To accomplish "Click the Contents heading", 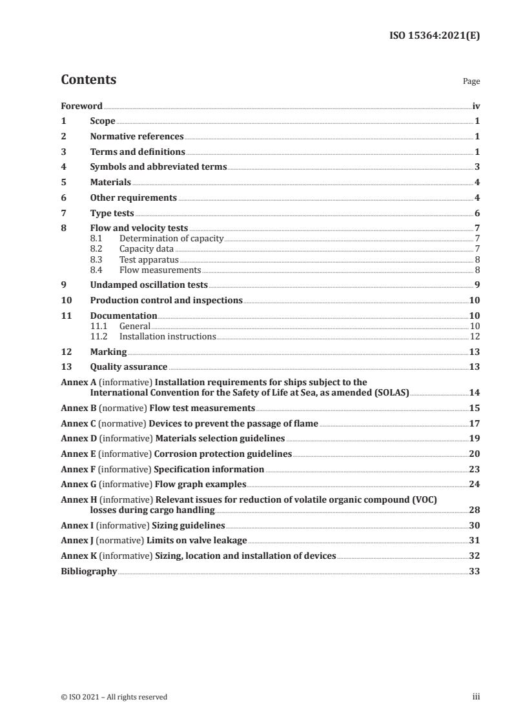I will click(x=88, y=80).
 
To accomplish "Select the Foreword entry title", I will click(x=81, y=106).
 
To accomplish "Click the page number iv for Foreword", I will click(x=475, y=106).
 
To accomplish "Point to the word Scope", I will click(x=103, y=121).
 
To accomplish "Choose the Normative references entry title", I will click(x=137, y=137).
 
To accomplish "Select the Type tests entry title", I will click(x=112, y=213).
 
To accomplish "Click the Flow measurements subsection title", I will click(x=160, y=270).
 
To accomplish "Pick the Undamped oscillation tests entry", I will click(x=148, y=285).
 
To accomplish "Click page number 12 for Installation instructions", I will click(x=475, y=336).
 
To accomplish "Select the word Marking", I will click(x=108, y=352).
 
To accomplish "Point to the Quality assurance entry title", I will click(x=128, y=367).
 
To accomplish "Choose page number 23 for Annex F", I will click(x=475, y=469).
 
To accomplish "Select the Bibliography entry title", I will click(x=88, y=571).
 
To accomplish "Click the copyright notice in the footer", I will click(x=114, y=697).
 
